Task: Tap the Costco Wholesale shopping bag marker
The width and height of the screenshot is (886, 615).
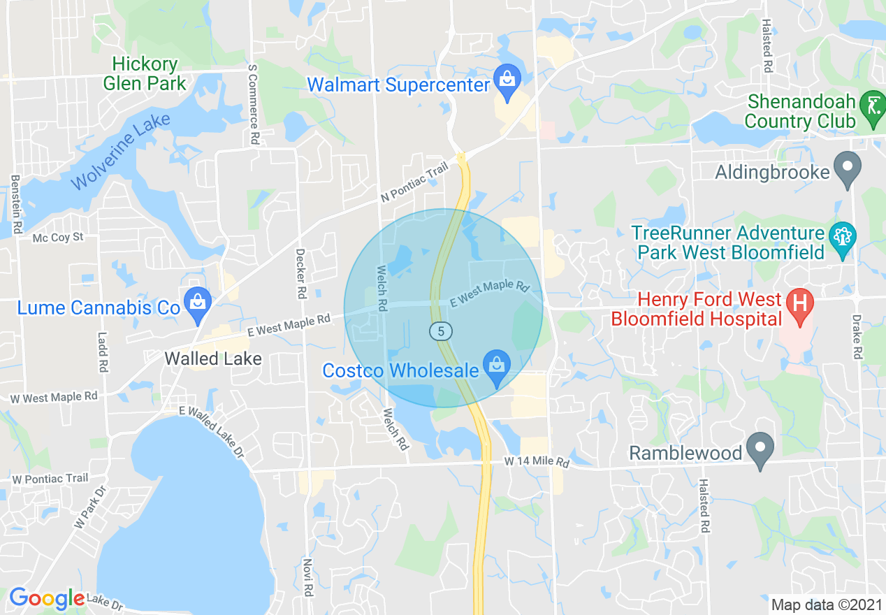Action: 497,368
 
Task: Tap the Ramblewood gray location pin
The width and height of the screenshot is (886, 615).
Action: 760,449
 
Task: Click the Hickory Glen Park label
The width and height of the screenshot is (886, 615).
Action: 145,74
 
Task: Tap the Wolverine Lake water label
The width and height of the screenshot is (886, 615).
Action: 120,151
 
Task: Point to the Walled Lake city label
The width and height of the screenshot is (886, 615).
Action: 213,359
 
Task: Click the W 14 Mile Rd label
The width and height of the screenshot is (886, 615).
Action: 537,463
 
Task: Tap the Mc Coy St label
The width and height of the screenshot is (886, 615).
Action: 58,238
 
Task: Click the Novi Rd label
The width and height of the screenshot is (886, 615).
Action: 308,577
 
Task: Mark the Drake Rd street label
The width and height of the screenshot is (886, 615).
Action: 856,336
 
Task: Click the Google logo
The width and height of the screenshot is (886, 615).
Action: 47,598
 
